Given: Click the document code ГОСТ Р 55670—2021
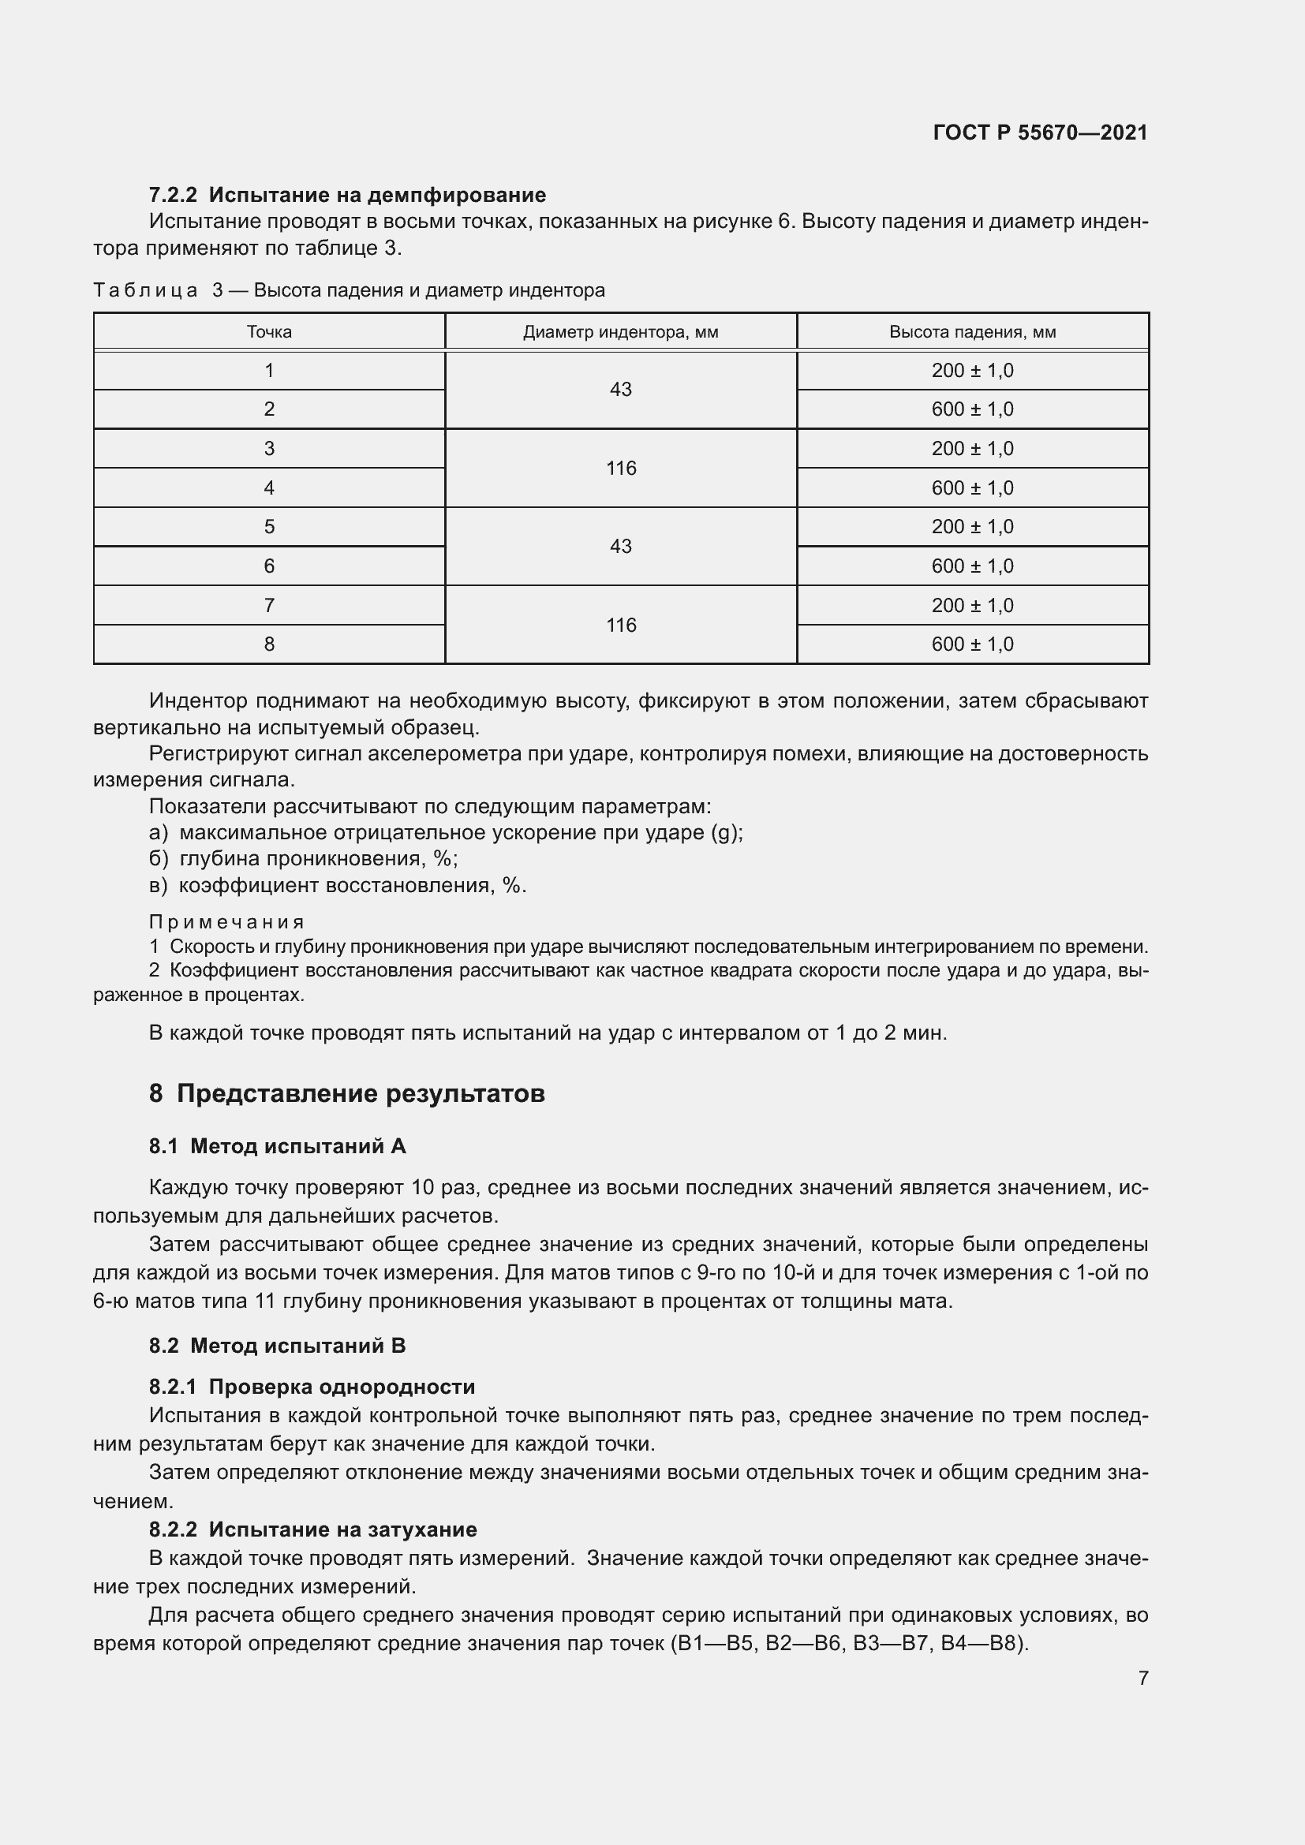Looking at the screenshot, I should (x=1040, y=133).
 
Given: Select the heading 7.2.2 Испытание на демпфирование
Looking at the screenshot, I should (x=347, y=195).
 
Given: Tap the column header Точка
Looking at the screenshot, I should (x=269, y=332).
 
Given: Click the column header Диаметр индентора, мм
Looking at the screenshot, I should (x=620, y=332).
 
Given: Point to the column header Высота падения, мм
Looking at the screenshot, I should (x=972, y=332).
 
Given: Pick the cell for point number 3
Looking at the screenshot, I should (x=269, y=448).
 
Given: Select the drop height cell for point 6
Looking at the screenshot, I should (x=972, y=566).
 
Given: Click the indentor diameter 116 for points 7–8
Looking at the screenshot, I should (x=620, y=625).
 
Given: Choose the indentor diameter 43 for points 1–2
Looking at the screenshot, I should (x=620, y=389).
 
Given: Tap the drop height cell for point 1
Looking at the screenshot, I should (x=972, y=371).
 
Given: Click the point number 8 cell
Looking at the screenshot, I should (x=269, y=644).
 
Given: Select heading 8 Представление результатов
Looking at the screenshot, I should (x=347, y=1093).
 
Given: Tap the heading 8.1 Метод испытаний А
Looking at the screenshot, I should (x=277, y=1147).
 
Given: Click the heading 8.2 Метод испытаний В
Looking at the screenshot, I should (x=277, y=1346).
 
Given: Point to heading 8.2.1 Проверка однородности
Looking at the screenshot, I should (x=312, y=1387).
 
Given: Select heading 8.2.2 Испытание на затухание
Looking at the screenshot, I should (x=312, y=1529).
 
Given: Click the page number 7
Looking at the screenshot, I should (x=1142, y=1678).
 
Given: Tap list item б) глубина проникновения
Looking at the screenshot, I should (x=304, y=859).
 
